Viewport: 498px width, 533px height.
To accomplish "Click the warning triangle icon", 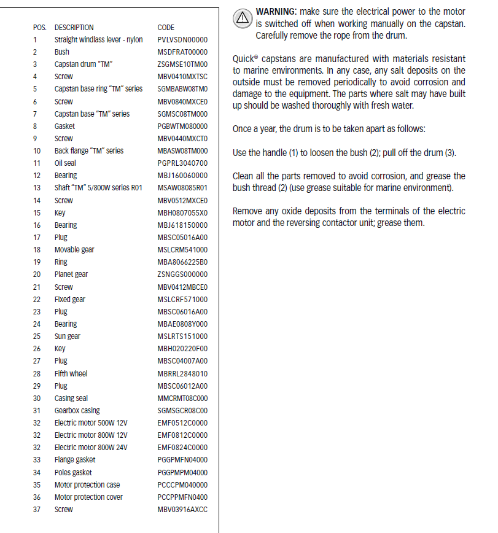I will (x=243, y=18).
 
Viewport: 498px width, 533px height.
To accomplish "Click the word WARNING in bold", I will (x=275, y=12).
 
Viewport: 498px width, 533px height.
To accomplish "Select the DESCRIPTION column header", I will (x=74, y=28).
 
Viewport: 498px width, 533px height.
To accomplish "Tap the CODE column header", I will (x=166, y=28).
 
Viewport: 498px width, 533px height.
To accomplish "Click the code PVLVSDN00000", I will (x=182, y=40).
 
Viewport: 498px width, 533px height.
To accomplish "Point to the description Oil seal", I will (x=65, y=163).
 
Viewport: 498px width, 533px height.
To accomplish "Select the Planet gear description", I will (x=71, y=274).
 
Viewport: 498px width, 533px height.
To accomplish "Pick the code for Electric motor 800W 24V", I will (x=182, y=448).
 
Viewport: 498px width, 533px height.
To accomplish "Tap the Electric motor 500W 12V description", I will (x=91, y=423).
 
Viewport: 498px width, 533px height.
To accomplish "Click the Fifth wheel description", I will (x=71, y=373).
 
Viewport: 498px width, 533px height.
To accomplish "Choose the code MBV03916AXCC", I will (x=182, y=510).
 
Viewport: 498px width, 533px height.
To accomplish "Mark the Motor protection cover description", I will (x=88, y=497).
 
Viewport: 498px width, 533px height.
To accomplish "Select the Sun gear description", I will (x=68, y=337).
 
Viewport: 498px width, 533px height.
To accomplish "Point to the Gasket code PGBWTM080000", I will (x=182, y=126).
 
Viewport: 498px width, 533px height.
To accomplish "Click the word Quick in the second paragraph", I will (x=243, y=60).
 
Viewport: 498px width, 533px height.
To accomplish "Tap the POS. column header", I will (x=39, y=28).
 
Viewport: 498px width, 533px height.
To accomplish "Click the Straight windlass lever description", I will (x=98, y=40).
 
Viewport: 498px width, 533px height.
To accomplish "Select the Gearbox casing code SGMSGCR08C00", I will (x=182, y=411).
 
